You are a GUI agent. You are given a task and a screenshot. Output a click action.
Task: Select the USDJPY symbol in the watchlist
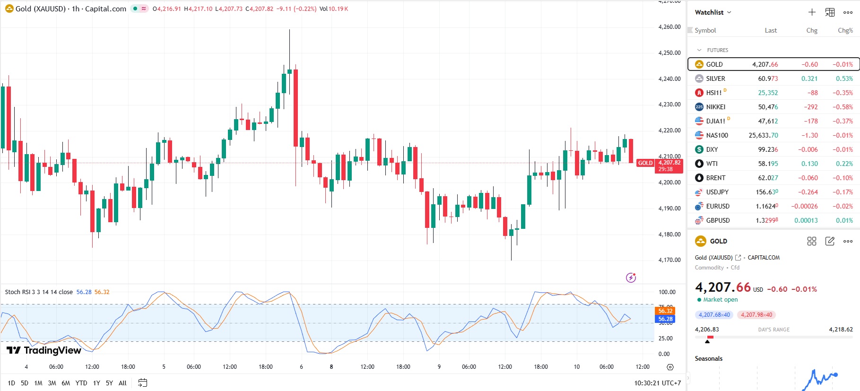(x=717, y=192)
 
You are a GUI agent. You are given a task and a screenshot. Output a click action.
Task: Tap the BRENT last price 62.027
(x=768, y=178)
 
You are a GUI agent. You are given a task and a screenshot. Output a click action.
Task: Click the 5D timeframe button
(x=25, y=383)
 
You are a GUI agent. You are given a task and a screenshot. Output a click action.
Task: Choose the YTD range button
(x=81, y=383)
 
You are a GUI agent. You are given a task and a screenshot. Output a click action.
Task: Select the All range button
(x=122, y=383)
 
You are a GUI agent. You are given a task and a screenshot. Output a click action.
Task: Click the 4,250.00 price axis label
(x=669, y=53)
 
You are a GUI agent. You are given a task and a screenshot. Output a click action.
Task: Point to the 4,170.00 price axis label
(x=669, y=260)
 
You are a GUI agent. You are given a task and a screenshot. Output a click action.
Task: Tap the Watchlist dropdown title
(x=712, y=12)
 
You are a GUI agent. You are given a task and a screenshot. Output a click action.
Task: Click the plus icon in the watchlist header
(x=812, y=12)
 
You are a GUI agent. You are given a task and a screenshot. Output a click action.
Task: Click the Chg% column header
(x=845, y=30)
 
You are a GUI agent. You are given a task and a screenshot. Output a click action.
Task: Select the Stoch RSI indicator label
(x=39, y=292)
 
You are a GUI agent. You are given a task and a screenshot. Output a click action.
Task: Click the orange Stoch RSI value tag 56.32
(x=665, y=311)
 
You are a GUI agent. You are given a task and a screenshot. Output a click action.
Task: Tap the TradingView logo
(x=43, y=350)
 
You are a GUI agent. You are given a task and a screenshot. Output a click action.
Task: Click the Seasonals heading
(x=708, y=358)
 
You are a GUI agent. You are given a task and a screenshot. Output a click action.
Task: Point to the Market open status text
(x=720, y=300)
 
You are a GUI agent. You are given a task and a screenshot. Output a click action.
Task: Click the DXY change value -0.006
(x=808, y=149)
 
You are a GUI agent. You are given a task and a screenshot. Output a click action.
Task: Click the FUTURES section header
(x=717, y=50)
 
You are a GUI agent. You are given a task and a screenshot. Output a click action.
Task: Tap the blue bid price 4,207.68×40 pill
(x=714, y=315)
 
